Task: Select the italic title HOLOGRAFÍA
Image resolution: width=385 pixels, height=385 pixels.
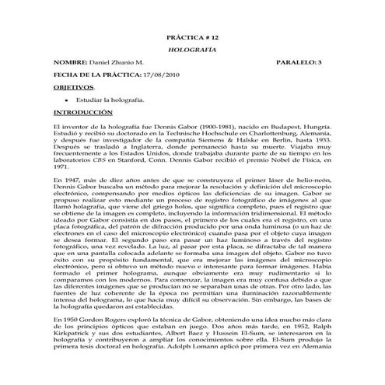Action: pos(192,47)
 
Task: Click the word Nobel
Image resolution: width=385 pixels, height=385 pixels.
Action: pos(293,160)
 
